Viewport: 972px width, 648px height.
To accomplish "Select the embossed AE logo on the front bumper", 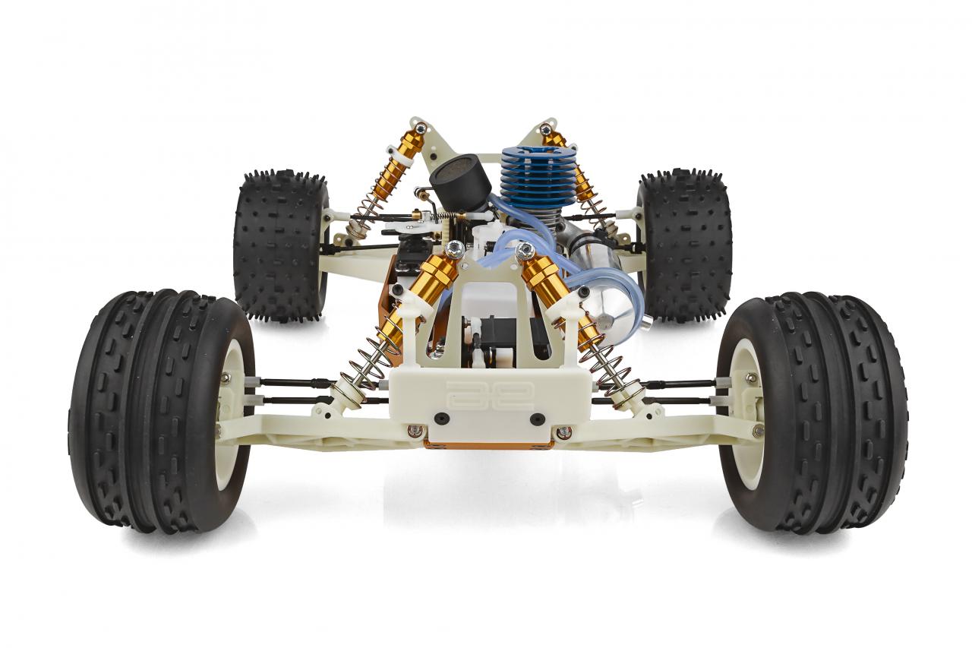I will (x=490, y=394).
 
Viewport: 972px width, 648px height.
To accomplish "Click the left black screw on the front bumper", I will (x=441, y=419).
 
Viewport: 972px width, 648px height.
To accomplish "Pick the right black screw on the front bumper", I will (x=537, y=419).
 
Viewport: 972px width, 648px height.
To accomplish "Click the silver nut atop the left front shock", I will (x=455, y=248).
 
